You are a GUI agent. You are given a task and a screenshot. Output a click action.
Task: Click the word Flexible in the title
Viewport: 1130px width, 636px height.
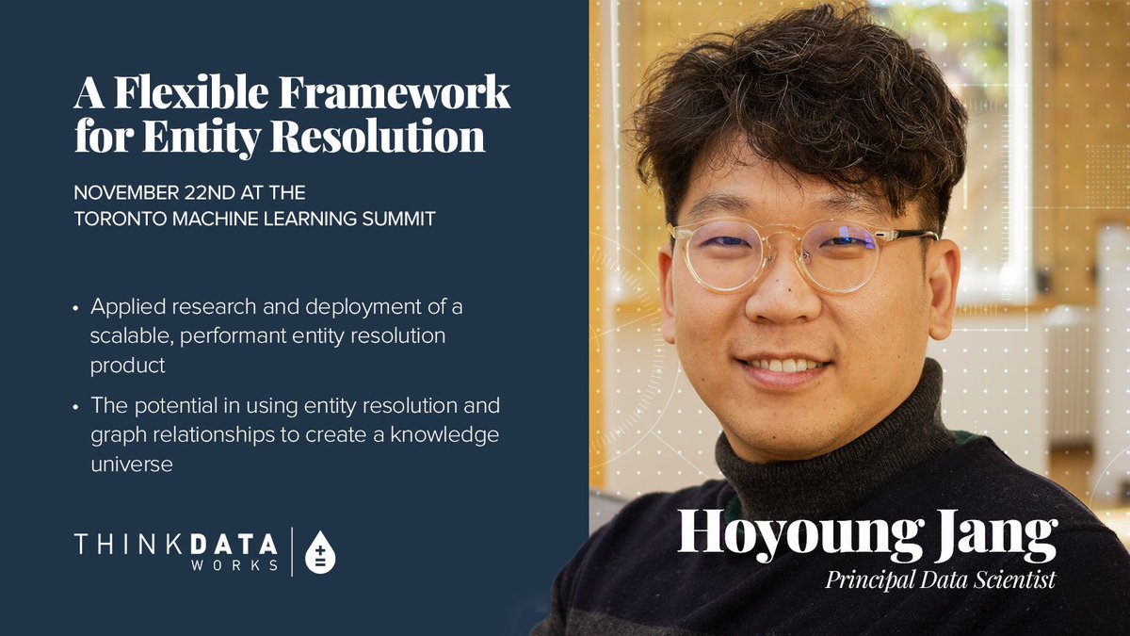click(x=180, y=95)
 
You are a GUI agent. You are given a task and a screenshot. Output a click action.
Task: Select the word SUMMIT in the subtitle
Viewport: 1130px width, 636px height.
click(x=401, y=219)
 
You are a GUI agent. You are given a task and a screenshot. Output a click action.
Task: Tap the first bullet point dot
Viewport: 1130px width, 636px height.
click(x=76, y=308)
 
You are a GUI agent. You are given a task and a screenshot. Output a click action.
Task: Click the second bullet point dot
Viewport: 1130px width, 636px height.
click(x=76, y=406)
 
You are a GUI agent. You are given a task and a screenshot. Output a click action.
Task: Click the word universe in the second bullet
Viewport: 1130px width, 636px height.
click(x=131, y=464)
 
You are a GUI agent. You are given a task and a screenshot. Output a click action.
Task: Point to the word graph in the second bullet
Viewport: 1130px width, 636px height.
click(x=115, y=434)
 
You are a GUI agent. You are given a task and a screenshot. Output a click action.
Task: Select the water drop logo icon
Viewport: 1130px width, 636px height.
click(x=320, y=552)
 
